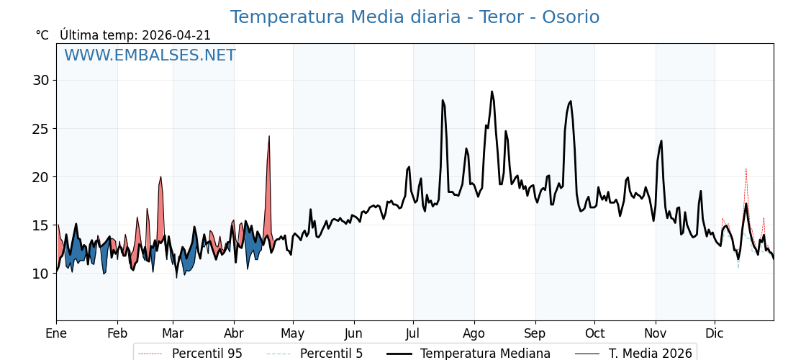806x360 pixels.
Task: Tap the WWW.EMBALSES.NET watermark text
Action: [x=150, y=55]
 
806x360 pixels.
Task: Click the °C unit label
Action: [x=42, y=35]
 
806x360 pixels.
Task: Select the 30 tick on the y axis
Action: [x=40, y=80]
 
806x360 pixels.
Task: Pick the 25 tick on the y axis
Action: [x=40, y=129]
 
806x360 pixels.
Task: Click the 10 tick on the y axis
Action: [x=40, y=274]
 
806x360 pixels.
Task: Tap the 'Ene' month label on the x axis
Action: [x=56, y=333]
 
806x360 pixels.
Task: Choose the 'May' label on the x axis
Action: [x=293, y=333]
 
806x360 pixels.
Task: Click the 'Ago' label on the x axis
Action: [x=474, y=333]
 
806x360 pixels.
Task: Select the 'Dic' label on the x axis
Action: [x=715, y=333]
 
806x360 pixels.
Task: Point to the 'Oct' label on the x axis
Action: [x=594, y=333]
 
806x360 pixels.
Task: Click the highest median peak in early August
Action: [x=492, y=91]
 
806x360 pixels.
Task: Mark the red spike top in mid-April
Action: [x=269, y=136]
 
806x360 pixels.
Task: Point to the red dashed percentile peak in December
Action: [x=746, y=168]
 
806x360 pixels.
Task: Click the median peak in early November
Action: [x=661, y=141]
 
